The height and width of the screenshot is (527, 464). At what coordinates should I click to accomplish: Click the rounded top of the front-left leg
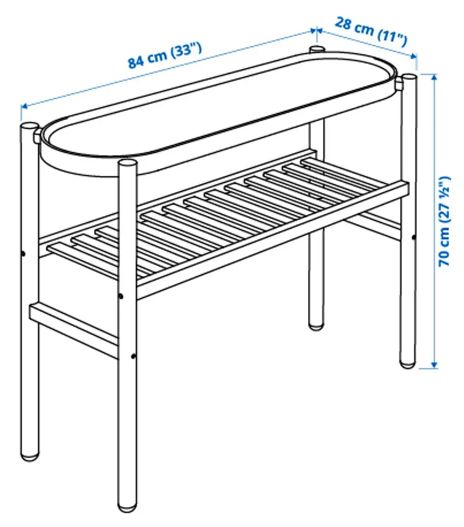tap(29, 126)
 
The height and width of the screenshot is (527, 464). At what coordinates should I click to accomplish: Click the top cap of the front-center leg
tap(127, 164)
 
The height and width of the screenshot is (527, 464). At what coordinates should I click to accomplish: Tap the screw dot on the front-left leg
tap(22, 254)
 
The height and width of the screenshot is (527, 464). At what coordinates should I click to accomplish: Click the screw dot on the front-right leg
tap(414, 238)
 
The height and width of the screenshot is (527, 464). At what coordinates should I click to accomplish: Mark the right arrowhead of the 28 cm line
tap(414, 55)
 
